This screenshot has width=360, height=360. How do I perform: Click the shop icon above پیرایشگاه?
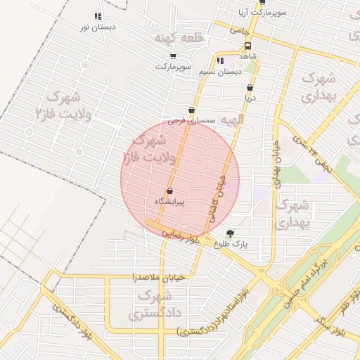169,191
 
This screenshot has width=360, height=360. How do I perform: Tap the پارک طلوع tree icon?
231,233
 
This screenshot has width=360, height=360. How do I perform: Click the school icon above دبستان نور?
97,16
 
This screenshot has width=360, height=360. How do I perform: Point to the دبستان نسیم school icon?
221,60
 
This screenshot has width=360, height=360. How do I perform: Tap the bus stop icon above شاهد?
247,44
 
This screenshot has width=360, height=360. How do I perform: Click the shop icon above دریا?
249,89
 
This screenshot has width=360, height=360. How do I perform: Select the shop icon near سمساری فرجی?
192,110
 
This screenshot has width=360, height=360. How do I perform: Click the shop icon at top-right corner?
262,3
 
